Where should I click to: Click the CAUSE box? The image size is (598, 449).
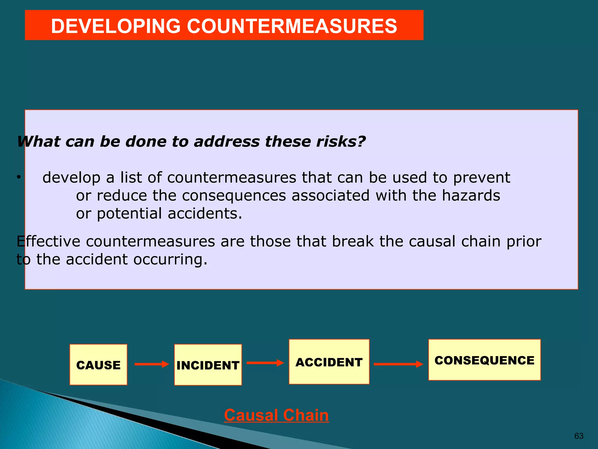pos(98,365)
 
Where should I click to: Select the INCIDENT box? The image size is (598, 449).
pos(208,365)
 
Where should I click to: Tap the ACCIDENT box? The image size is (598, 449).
pos(329,362)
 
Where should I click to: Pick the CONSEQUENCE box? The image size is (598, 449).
pos(484,360)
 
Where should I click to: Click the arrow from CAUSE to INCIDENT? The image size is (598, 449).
pos(152,364)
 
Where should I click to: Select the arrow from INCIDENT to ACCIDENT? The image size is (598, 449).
pos(265,363)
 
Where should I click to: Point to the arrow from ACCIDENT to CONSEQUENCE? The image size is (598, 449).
pos(398,364)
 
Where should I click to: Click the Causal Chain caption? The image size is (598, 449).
pos(276,415)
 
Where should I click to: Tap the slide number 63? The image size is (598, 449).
pos(579,436)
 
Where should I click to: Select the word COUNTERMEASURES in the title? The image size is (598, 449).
pos(292,26)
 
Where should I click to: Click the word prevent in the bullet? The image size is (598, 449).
pos(481,177)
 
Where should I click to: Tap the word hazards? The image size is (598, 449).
pos(471,195)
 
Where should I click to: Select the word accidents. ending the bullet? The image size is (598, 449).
pos(205,213)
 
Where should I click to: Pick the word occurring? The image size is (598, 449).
pos(171,259)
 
